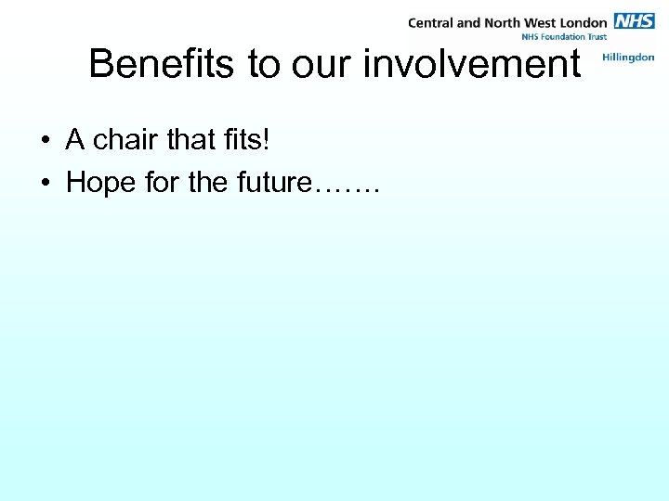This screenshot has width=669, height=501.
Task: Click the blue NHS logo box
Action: (635, 21)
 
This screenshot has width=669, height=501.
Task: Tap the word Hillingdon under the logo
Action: (628, 58)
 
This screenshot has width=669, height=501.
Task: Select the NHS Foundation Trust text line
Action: (566, 37)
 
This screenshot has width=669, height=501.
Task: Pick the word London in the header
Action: (582, 22)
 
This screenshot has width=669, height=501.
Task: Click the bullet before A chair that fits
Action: (45, 142)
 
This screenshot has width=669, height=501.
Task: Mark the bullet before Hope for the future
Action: (45, 184)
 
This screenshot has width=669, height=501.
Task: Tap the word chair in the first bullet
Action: (125, 141)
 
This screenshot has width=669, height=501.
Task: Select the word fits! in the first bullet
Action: (248, 141)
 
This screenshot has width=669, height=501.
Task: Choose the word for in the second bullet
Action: (162, 183)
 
